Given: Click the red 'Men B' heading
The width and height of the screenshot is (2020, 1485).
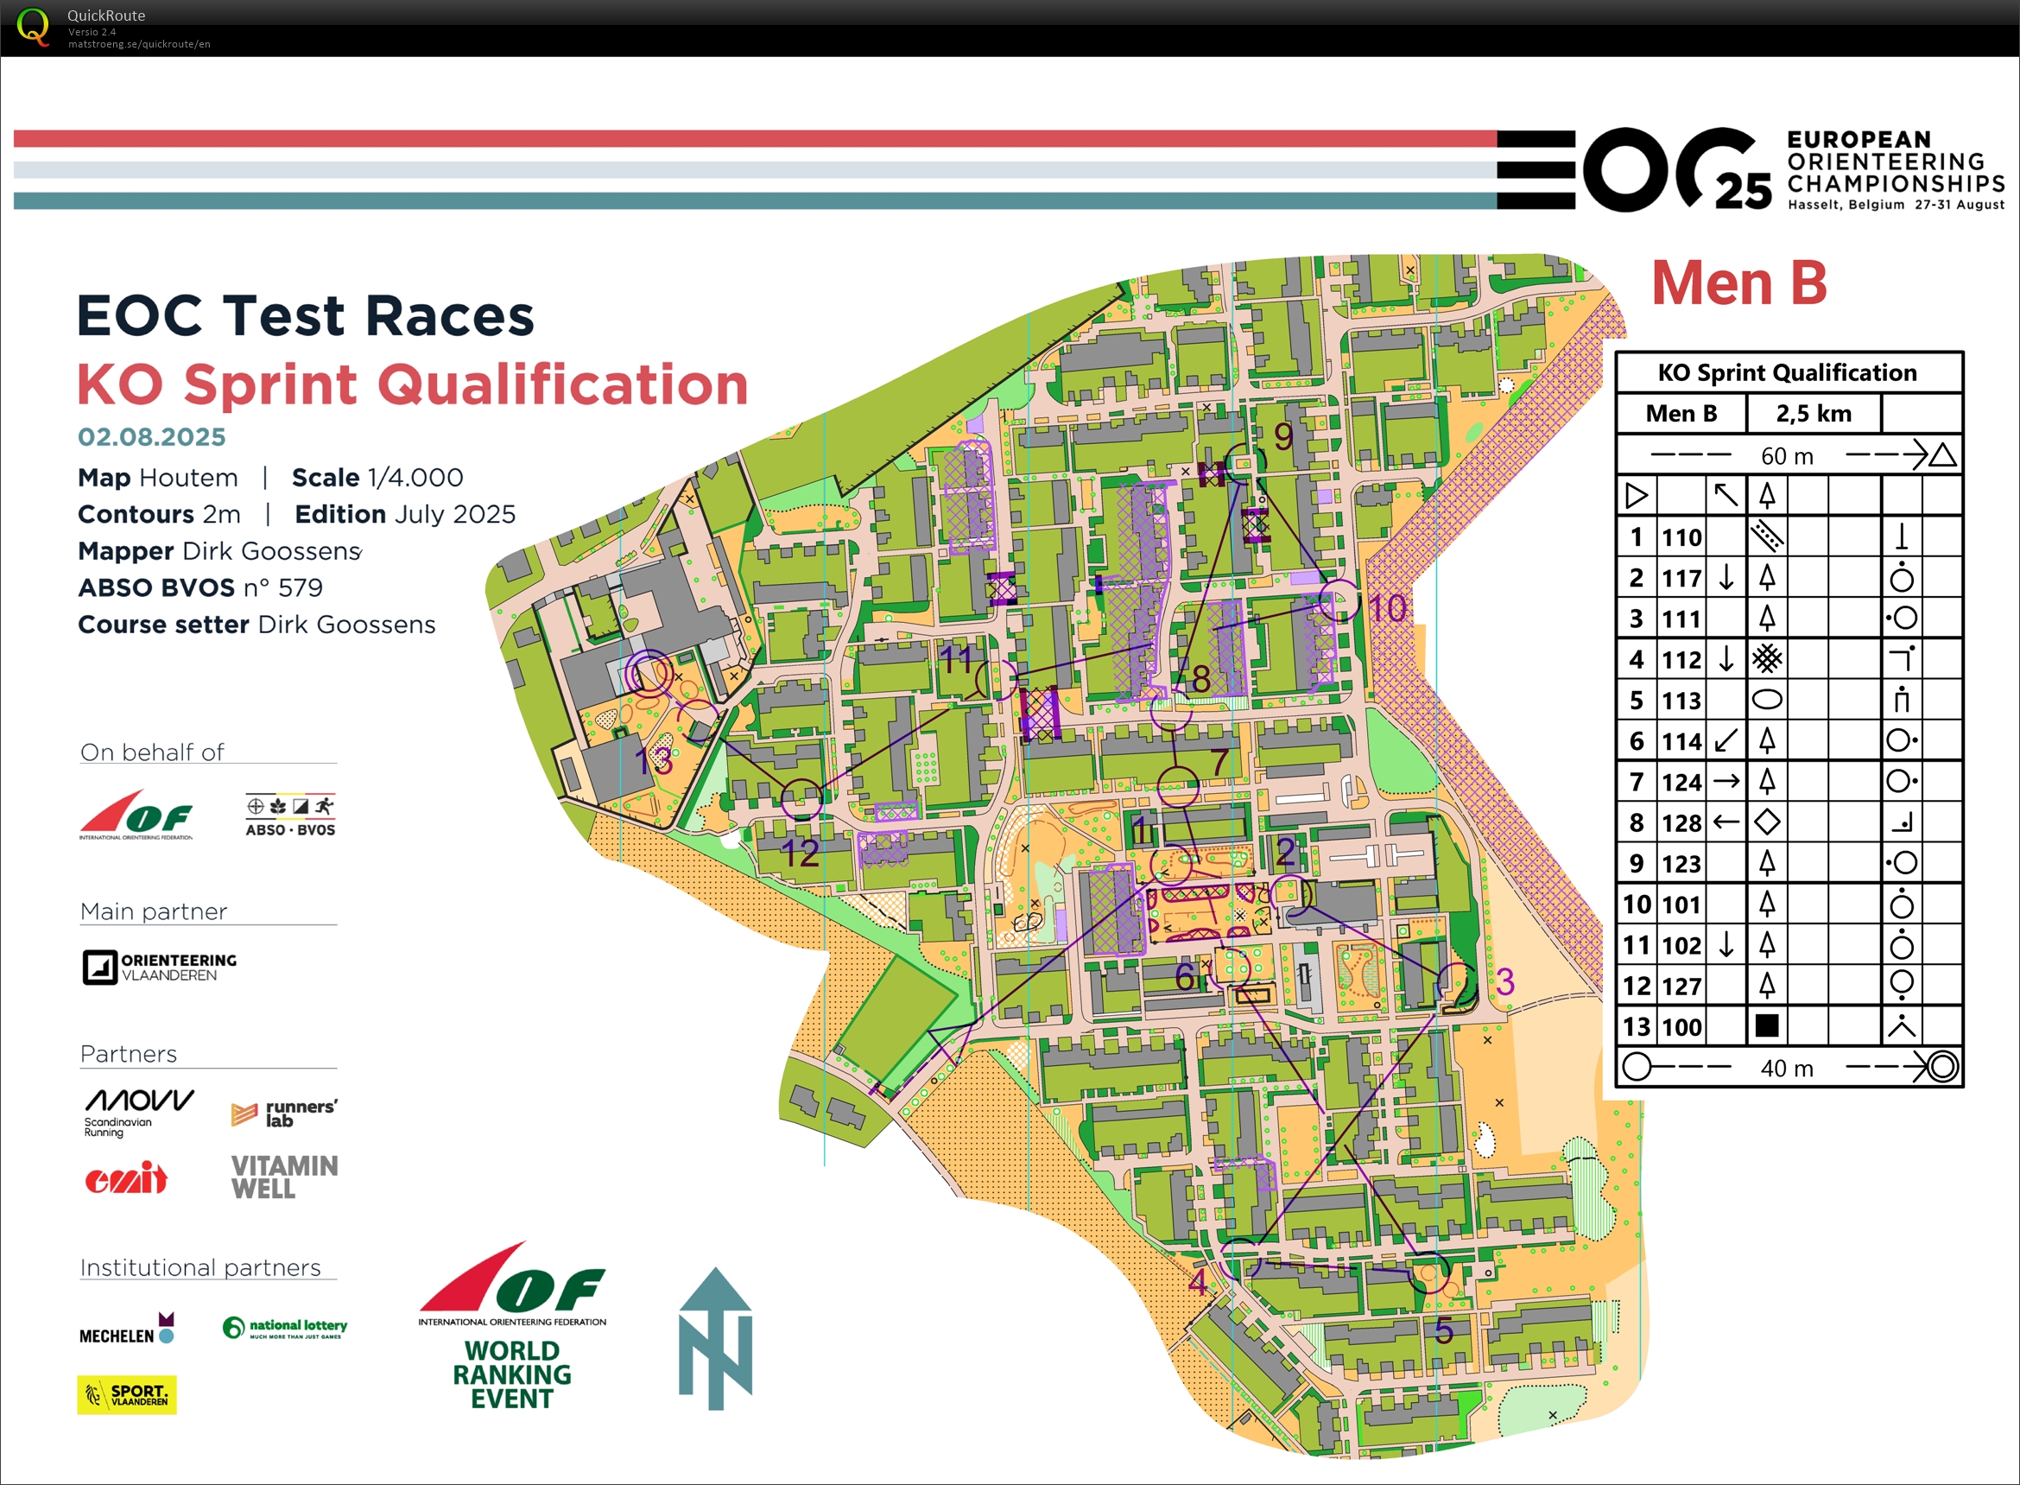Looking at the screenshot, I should coord(1738,283).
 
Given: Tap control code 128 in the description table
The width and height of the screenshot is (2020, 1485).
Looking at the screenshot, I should coord(1681,822).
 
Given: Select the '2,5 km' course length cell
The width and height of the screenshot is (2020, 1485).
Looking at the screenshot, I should coord(1813,414).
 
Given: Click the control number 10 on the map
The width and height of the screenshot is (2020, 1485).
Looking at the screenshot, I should coord(1386,608).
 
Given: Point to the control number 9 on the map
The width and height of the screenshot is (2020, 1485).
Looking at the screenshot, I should coord(1283,437).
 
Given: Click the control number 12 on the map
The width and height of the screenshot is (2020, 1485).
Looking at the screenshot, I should coord(800,853).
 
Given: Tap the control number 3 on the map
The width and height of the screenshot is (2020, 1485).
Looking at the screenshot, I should coord(1505,981).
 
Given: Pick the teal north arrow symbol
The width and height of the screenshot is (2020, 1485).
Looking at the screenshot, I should coord(715,1338).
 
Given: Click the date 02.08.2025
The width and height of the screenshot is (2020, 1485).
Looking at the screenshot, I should coord(152,437).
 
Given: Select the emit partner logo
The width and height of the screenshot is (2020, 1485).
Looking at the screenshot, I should coord(126,1177).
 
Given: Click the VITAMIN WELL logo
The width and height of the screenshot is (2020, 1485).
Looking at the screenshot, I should coord(284,1177).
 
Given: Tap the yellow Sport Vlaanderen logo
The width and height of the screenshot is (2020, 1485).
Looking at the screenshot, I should coord(127,1394).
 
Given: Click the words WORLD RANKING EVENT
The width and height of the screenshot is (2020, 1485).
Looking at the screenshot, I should coord(512,1374).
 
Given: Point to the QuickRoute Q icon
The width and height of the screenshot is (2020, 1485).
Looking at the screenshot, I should coord(33,26).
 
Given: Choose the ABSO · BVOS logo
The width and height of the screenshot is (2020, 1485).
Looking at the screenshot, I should coord(290,815).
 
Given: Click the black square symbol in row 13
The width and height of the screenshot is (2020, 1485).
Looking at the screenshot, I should coord(1767,1025).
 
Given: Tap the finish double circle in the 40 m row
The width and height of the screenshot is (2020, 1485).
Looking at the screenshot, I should coord(1941,1067).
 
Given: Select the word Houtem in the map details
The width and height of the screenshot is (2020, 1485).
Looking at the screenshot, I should coord(189,478).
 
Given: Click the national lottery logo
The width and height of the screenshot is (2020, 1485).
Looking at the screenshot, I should coord(285,1327).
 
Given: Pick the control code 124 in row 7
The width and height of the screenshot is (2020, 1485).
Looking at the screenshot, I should coord(1681,782).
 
